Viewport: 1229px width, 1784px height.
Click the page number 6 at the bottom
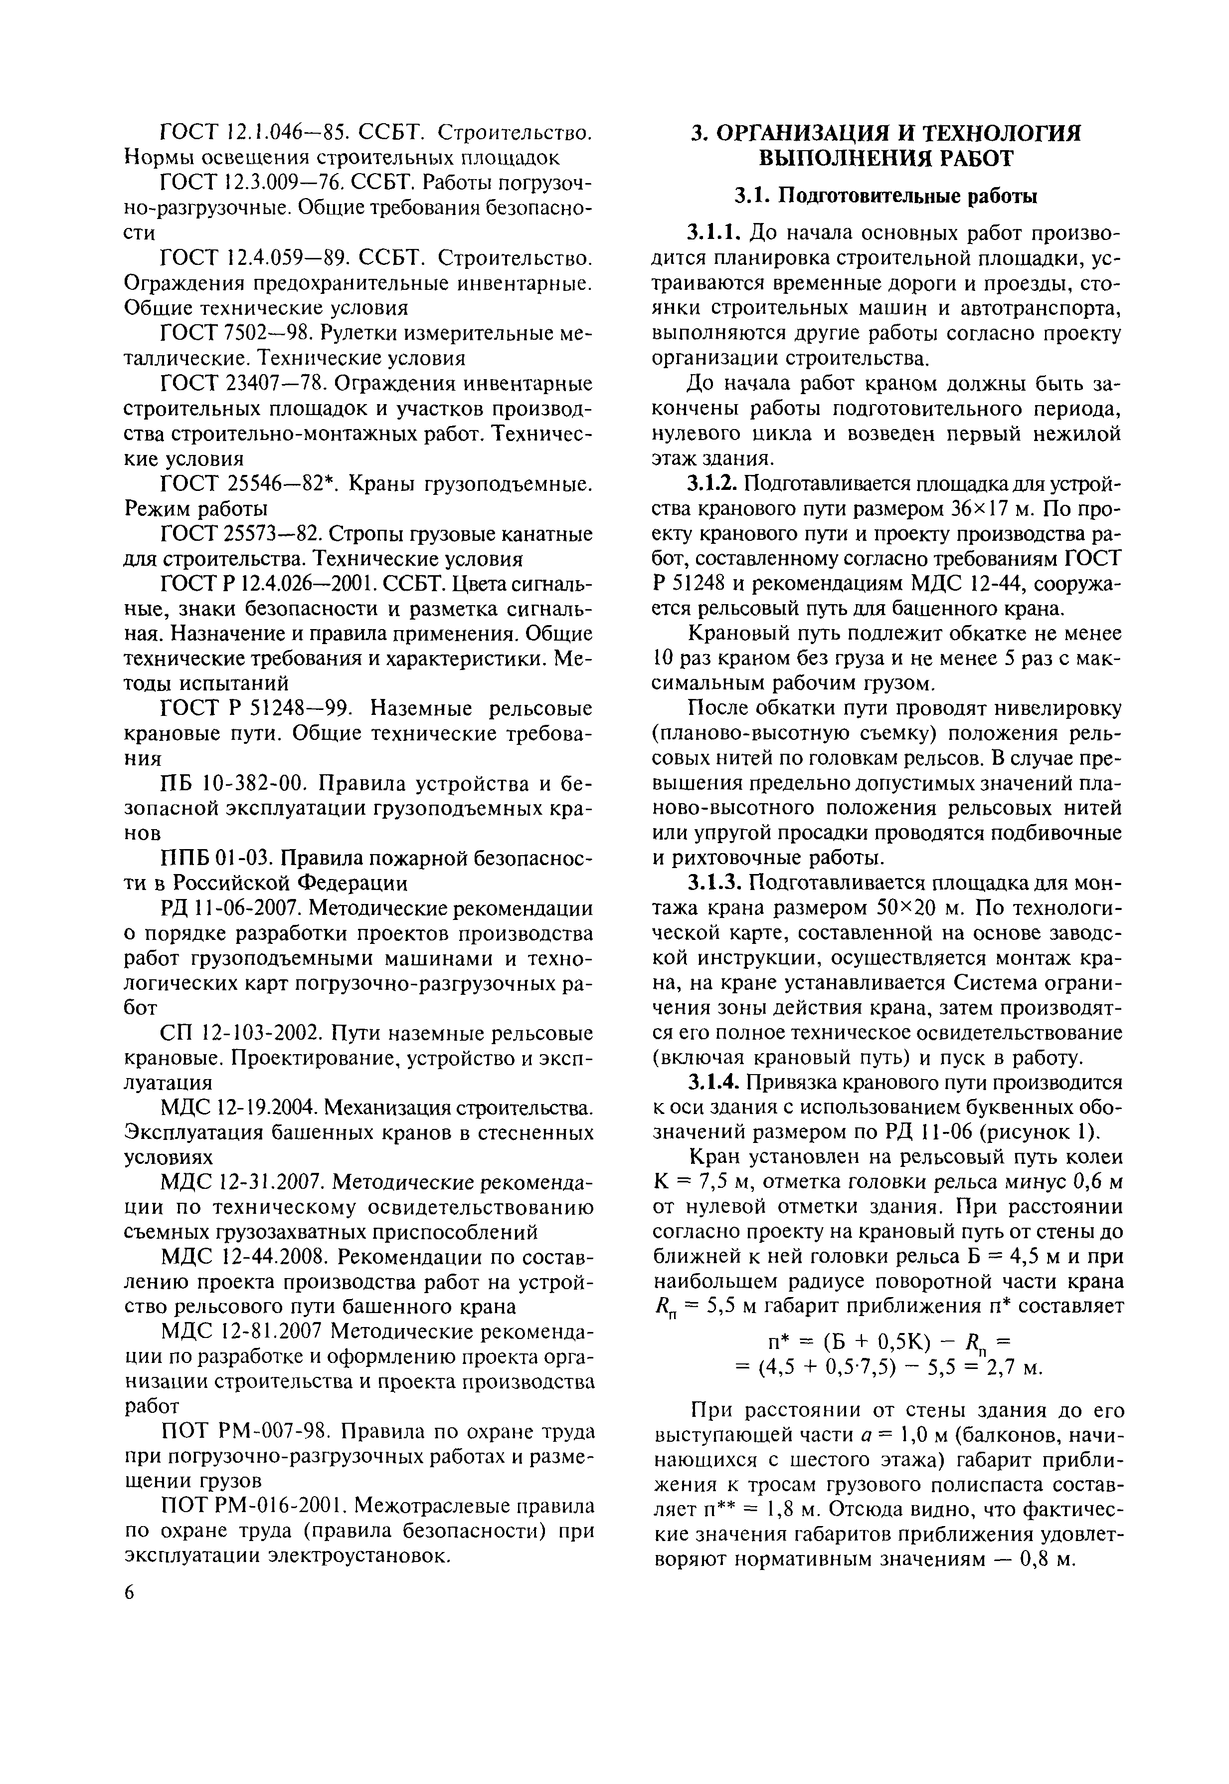coord(129,1594)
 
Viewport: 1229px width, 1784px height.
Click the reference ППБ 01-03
coord(229,858)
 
